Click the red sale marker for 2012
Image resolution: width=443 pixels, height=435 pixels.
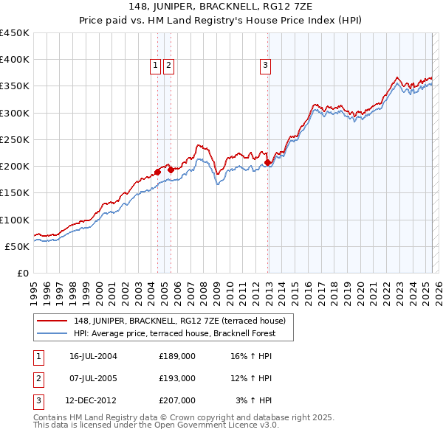point(267,162)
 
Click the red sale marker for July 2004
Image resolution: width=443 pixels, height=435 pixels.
point(157,172)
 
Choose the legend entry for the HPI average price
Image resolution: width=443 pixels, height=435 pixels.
point(174,333)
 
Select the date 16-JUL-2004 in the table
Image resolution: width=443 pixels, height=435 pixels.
point(93,355)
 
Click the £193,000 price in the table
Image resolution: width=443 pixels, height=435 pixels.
point(177,378)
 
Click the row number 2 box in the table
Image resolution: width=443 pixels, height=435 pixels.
point(37,378)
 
